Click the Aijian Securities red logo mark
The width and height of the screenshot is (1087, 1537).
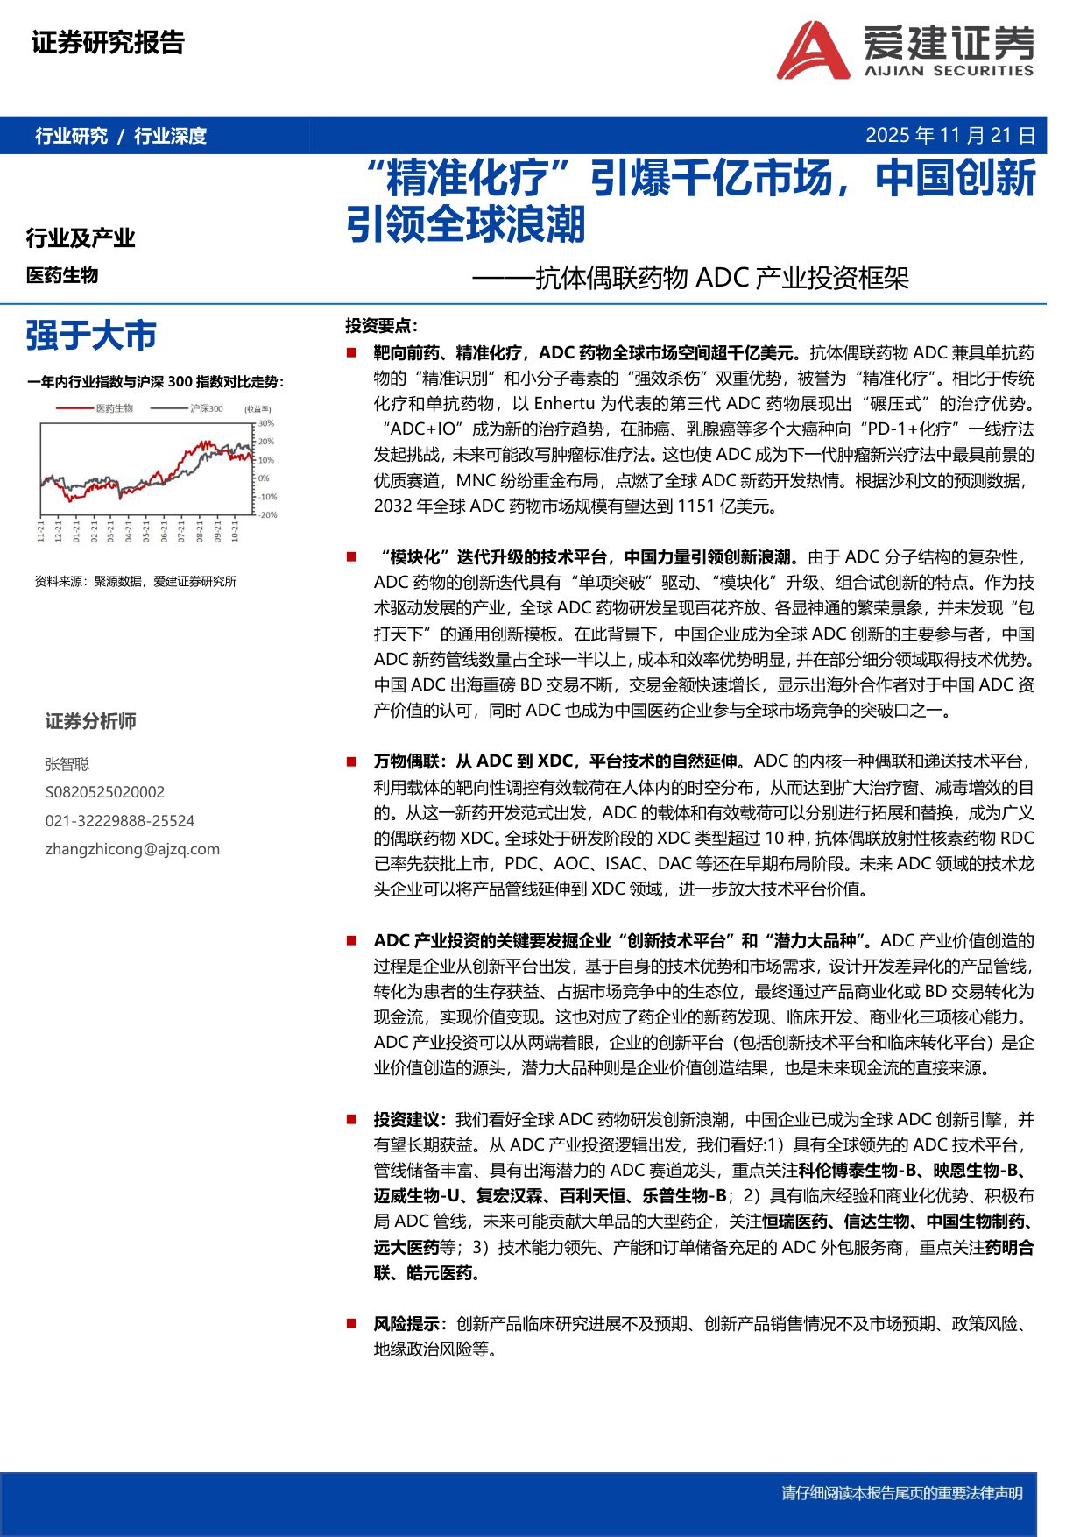pos(811,51)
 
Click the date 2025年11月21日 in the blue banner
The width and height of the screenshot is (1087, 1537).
pos(949,136)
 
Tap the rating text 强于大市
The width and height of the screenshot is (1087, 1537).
pos(91,336)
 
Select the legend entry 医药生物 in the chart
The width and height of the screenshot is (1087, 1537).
pos(114,408)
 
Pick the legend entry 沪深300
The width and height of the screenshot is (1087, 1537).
pos(206,408)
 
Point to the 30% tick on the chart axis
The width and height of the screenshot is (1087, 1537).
pos(265,423)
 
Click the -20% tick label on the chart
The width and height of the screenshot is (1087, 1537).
pos(267,515)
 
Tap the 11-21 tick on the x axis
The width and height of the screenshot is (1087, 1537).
pos(40,531)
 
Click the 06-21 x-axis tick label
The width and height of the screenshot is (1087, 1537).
pos(164,531)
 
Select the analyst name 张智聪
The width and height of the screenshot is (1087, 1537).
pos(67,764)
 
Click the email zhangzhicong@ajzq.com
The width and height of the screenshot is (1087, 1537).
pos(132,848)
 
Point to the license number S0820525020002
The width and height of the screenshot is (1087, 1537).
pos(104,792)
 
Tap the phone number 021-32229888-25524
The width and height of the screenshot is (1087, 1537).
pos(119,820)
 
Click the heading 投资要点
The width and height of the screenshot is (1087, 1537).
pos(380,326)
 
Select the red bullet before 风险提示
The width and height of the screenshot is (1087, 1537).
pos(351,1324)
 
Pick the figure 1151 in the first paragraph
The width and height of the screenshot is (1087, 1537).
pos(696,506)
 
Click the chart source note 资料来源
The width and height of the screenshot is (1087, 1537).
pos(136,581)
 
